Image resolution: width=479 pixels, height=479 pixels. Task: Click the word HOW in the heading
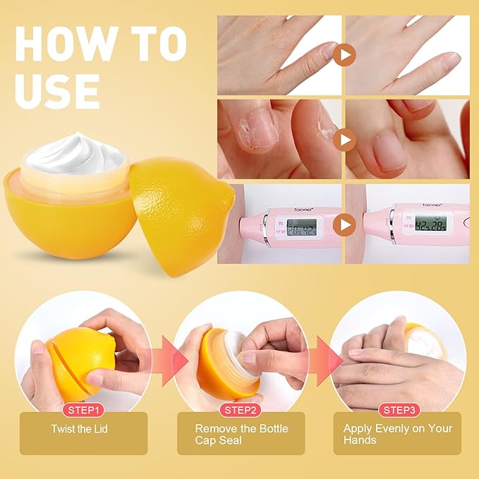coord(57,44)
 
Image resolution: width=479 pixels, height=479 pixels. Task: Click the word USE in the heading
coord(56,90)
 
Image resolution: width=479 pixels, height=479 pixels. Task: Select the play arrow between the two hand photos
coord(344,54)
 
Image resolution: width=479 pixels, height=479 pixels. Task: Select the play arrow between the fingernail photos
coord(344,139)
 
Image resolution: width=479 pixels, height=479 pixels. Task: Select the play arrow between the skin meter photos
coord(344,225)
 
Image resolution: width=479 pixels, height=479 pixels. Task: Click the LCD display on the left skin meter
coord(303,226)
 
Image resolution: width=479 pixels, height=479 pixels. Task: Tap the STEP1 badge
coord(84,409)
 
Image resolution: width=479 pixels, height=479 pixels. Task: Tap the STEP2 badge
coord(241,409)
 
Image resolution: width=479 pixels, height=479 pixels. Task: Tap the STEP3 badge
coord(397,409)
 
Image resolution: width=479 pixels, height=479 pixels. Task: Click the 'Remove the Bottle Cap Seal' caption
coord(241,434)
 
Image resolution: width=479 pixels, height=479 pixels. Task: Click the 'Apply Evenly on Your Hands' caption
coord(397,434)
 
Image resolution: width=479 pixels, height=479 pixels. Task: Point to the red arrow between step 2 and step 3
coord(323,359)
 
